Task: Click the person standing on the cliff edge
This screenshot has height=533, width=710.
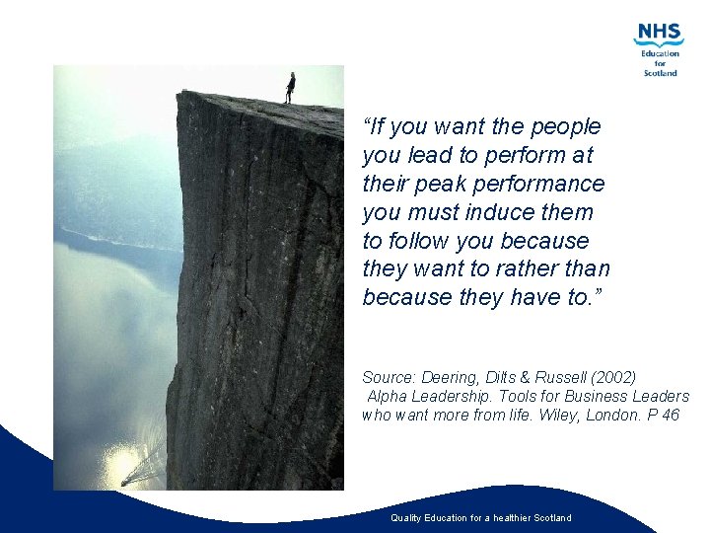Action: coord(290,87)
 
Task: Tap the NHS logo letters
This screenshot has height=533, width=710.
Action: coord(659,33)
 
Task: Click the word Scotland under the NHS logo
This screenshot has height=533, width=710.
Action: coord(661,73)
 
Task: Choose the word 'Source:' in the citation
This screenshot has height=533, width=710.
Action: coord(387,377)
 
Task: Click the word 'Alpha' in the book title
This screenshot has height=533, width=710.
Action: coord(389,397)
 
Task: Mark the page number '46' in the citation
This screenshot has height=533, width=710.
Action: coord(671,416)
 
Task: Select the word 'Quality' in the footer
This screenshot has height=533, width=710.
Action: coord(406,518)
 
